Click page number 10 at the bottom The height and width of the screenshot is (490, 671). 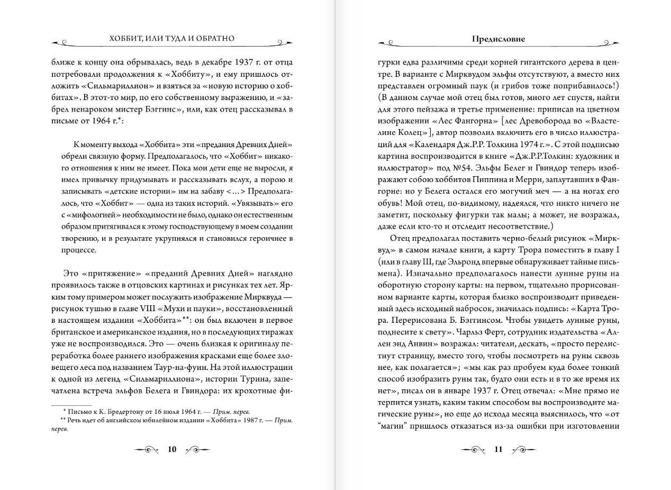point(172,449)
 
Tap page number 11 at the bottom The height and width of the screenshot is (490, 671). point(498,449)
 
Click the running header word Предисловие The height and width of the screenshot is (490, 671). point(498,39)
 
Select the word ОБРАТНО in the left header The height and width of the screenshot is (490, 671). point(213,39)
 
